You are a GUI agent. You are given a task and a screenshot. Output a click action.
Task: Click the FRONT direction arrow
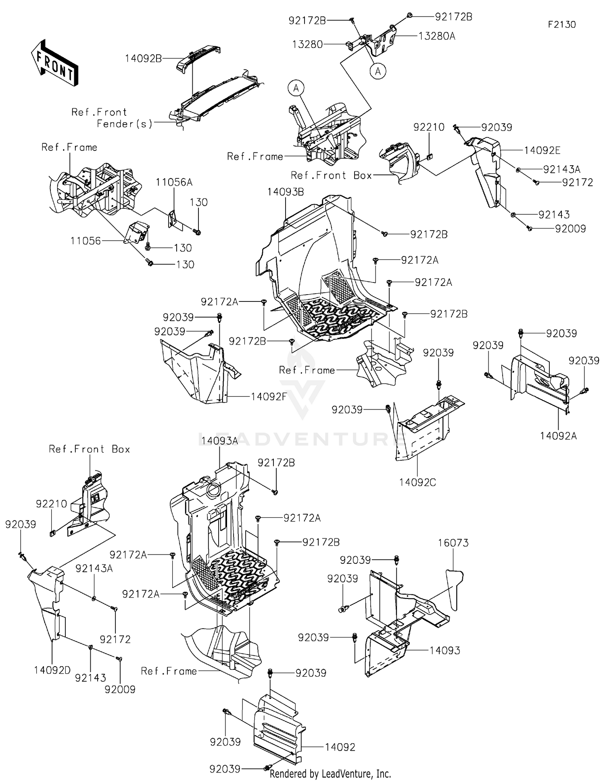tap(54, 62)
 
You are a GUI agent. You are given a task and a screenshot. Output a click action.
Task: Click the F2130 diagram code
tap(561, 25)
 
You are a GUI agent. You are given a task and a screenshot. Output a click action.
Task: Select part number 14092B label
tap(143, 58)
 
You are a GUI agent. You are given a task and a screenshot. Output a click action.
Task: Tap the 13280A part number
tap(437, 36)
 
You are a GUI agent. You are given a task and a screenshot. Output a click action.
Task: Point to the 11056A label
tap(174, 183)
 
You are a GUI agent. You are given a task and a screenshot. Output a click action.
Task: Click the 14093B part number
tap(285, 192)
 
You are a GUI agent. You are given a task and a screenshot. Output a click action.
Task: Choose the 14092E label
tap(542, 151)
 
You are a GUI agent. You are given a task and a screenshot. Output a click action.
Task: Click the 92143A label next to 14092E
tap(562, 169)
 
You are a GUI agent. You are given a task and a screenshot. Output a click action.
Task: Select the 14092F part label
tap(269, 397)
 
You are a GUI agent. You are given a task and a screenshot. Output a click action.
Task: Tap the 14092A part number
tap(558, 436)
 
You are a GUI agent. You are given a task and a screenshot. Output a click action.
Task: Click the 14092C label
tap(417, 482)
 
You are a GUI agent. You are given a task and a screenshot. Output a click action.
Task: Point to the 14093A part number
tap(219, 441)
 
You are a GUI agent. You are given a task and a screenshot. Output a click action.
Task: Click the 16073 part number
tap(453, 543)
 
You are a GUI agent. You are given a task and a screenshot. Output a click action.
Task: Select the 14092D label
tap(52, 670)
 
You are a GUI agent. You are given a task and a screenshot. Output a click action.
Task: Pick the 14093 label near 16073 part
tap(444, 650)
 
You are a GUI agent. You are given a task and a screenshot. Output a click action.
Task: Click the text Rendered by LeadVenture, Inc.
tap(330, 773)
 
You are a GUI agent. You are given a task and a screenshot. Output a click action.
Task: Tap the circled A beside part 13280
tap(378, 71)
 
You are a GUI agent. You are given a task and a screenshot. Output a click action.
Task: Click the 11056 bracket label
tap(86, 241)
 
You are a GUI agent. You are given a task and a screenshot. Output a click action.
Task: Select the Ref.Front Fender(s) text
tap(112, 118)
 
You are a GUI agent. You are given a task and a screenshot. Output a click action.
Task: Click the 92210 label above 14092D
tap(51, 504)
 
